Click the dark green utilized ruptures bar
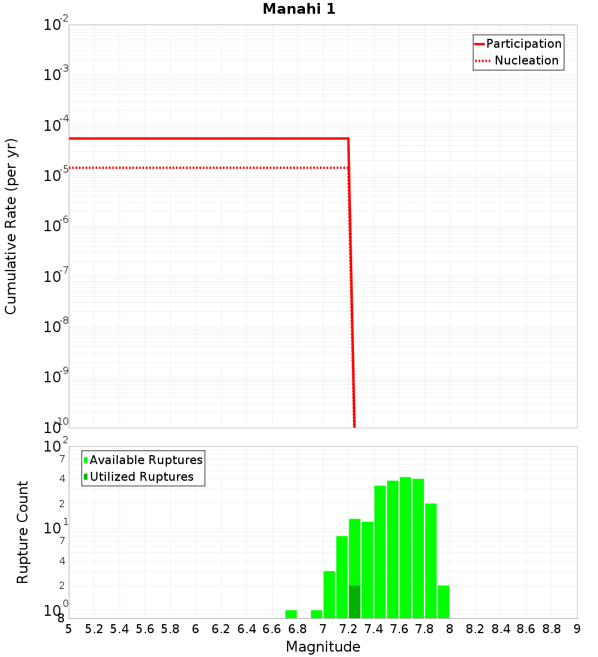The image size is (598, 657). click(x=355, y=601)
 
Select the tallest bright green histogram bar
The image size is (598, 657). click(x=405, y=547)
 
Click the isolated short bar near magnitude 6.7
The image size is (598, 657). click(x=291, y=614)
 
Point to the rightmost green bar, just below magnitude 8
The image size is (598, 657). click(x=443, y=601)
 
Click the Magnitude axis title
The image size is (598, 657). click(x=323, y=647)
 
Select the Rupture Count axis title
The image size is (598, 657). click(x=23, y=532)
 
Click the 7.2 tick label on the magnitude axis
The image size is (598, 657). click(x=348, y=629)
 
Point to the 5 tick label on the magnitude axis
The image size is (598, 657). click(x=69, y=629)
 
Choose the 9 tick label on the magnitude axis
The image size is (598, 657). click(x=576, y=629)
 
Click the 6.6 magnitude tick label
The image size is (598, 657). click(x=272, y=629)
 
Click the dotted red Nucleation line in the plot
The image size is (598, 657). click(x=209, y=168)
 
